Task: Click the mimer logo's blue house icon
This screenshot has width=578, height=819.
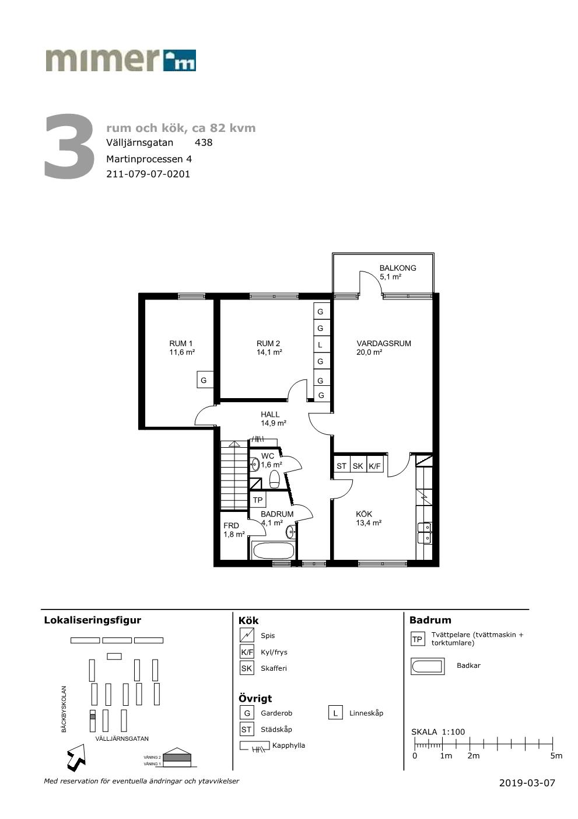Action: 180,60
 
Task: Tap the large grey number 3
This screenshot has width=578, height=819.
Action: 69,147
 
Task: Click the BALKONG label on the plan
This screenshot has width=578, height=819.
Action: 398,268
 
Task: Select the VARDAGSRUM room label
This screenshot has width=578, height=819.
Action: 384,343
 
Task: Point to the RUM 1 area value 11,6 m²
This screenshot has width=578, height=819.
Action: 182,353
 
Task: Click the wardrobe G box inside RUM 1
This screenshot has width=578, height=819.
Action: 204,380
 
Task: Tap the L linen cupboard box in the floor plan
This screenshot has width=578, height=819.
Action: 320,344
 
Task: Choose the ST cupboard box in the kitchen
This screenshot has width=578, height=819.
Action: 342,466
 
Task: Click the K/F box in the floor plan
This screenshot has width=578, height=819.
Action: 375,466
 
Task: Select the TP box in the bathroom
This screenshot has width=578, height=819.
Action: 258,500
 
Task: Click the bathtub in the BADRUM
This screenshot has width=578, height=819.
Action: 273,550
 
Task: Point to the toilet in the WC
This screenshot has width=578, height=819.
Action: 274,479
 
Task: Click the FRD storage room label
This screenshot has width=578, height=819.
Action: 231,525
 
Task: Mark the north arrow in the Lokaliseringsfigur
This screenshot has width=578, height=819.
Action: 76,755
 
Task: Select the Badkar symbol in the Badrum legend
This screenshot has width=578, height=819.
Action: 428,666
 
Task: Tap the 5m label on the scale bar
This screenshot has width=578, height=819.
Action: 556,756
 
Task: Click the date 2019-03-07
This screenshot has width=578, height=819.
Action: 527,783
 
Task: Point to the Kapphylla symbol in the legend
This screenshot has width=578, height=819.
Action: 255,747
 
